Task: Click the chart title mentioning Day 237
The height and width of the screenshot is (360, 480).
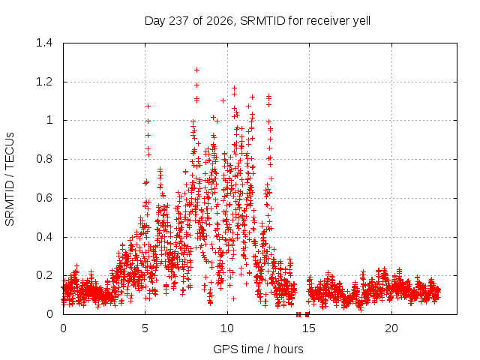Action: coord(257,21)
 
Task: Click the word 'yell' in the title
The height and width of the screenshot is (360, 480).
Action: coord(361,21)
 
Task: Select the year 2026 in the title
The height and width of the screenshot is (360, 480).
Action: coord(220,21)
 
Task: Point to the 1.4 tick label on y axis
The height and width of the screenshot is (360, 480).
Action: coord(44,43)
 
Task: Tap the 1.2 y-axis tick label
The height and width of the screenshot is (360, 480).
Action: coord(44,82)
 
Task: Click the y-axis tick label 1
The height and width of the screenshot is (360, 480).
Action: coord(49,120)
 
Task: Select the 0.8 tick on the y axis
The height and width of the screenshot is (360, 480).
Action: coord(44,159)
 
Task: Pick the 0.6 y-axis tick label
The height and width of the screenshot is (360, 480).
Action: coord(44,198)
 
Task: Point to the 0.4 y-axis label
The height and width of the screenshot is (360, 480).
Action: coord(44,237)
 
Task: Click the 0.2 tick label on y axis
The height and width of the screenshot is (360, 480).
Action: coord(44,275)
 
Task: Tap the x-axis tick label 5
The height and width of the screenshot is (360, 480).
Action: coord(145,328)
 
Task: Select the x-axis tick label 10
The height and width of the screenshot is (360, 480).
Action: coord(227,328)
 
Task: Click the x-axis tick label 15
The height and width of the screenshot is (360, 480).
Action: coord(309,328)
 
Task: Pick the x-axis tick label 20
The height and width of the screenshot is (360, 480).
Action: coord(391,328)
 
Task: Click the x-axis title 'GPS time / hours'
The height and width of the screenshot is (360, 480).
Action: coord(258,349)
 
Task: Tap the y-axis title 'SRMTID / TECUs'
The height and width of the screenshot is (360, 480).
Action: coord(10,179)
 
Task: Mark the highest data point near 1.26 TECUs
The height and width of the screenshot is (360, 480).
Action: coord(196,70)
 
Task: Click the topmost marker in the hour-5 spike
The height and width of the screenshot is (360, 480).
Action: coord(148,106)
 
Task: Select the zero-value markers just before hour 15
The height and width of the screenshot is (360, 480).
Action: coord(303,314)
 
